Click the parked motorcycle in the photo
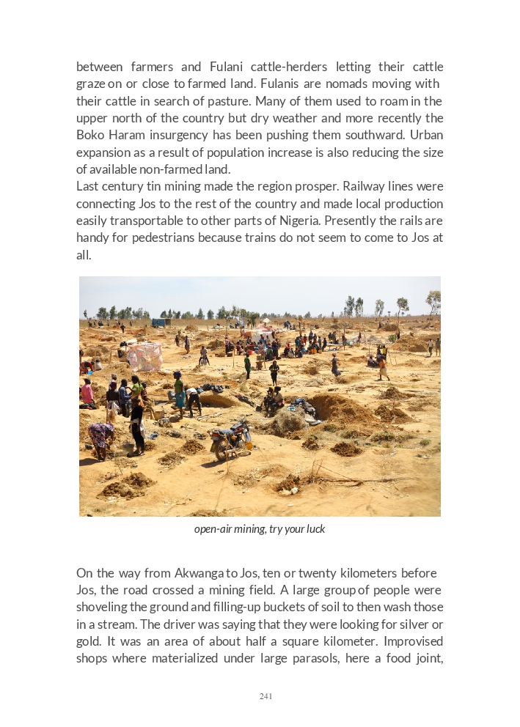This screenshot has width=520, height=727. coord(231,439)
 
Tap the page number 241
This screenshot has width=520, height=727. coord(266,696)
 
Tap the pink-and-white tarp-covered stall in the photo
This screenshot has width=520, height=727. coord(144,356)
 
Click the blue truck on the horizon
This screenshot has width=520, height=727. coord(161,322)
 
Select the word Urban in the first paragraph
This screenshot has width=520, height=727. coord(427,135)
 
